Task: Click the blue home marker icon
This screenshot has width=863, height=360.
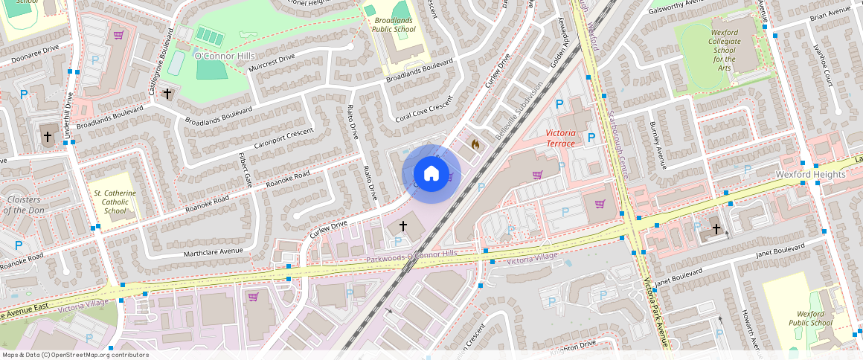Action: [431, 174]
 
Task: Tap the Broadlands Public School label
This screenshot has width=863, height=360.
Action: [394, 25]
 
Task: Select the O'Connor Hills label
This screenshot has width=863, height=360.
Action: [224, 57]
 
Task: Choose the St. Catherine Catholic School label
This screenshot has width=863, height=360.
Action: [115, 202]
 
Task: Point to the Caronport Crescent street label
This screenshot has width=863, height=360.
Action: [283, 138]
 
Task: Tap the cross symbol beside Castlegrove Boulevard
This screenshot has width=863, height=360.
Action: [167, 94]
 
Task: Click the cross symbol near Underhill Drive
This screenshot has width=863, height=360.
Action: [48, 137]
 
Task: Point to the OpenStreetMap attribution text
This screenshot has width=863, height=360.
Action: [74, 355]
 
